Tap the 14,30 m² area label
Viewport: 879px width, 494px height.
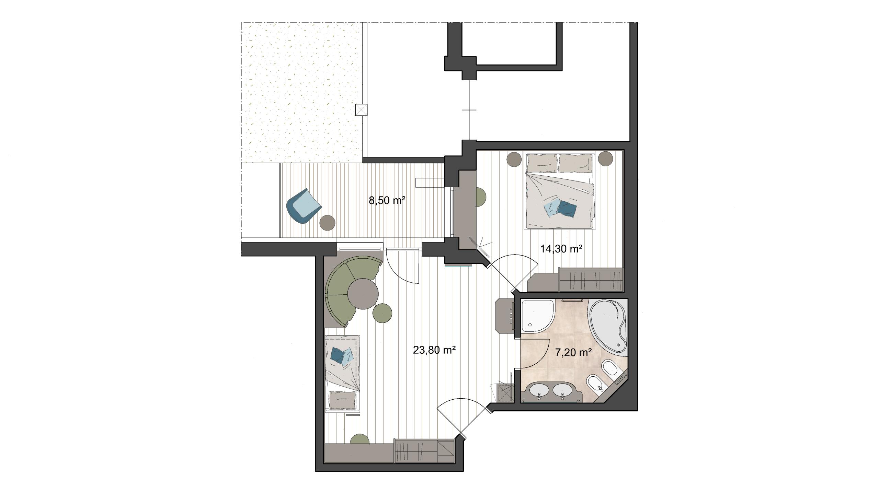click(561, 248)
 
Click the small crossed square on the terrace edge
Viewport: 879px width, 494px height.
click(362, 110)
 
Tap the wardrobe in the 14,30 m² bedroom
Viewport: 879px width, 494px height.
click(591, 279)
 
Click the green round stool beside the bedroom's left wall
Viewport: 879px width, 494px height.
click(481, 197)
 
